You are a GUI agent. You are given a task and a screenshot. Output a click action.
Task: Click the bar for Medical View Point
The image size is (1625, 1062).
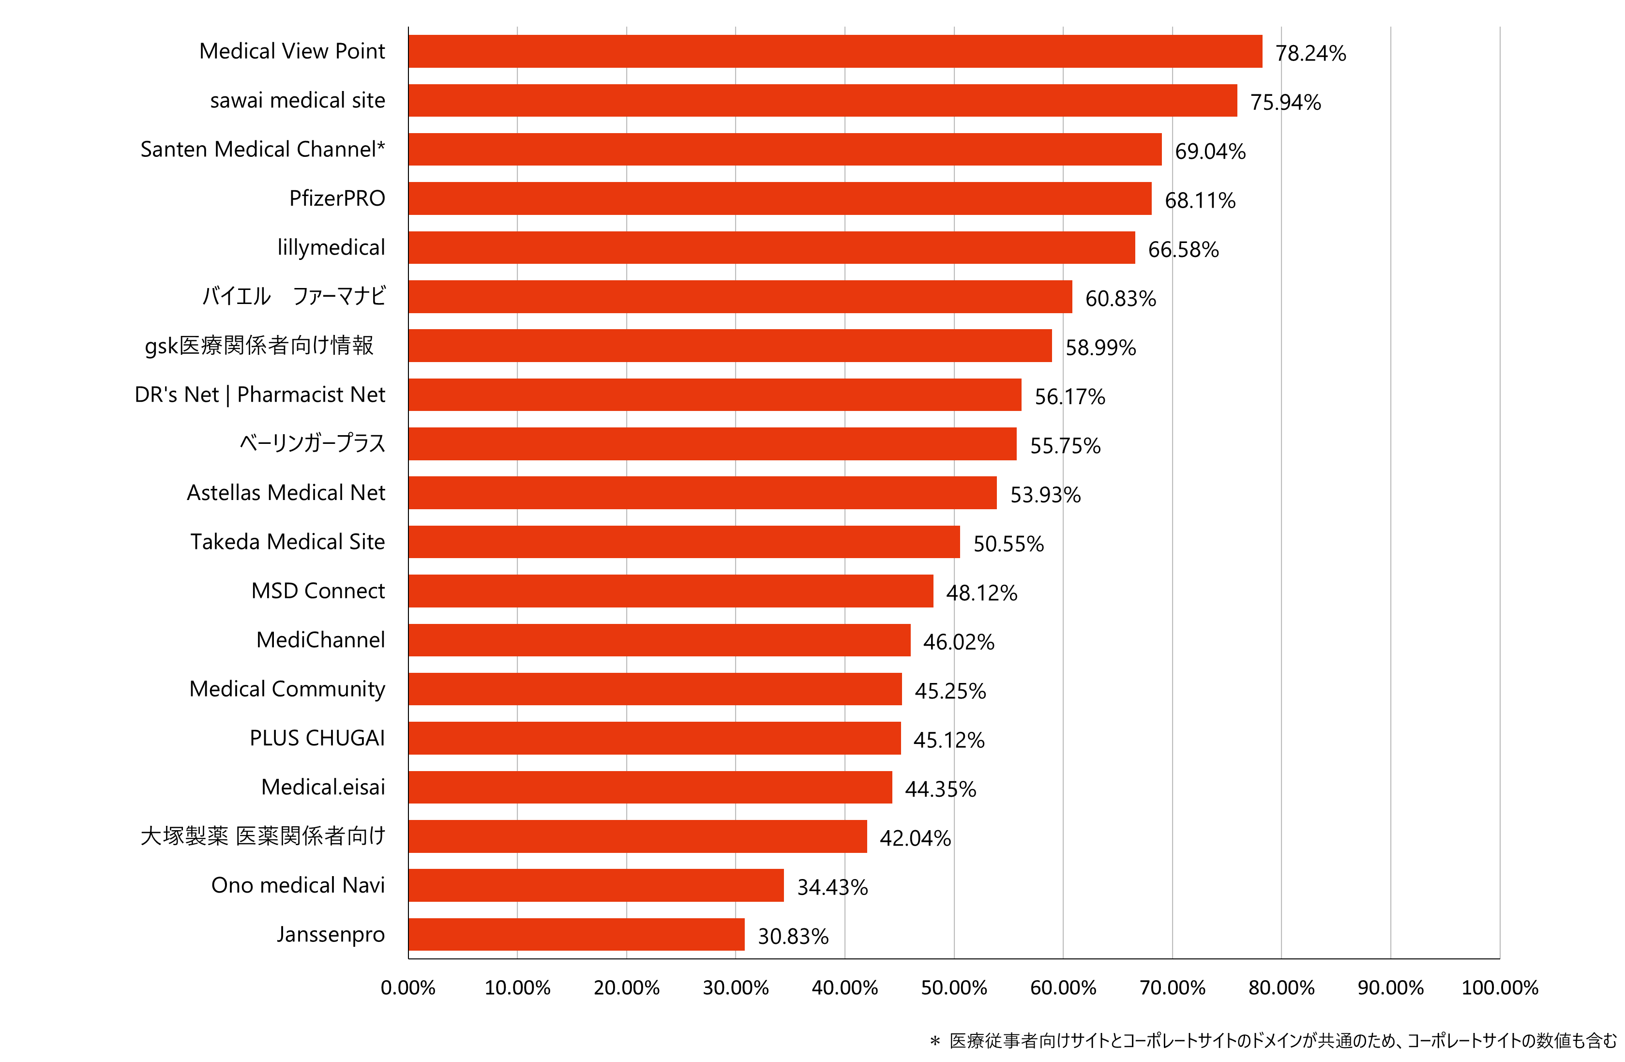[835, 51]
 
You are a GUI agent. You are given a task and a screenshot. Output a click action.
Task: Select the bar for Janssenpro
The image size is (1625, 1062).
[576, 934]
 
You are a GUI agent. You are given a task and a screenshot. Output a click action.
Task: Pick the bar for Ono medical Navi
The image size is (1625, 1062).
[596, 885]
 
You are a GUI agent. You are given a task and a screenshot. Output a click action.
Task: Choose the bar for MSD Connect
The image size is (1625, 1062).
[671, 591]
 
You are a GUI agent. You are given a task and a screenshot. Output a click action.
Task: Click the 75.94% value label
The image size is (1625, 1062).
[1285, 103]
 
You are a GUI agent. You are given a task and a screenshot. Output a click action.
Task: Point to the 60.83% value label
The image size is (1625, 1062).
[1120, 299]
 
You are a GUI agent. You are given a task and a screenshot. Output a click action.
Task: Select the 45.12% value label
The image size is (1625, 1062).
[948, 740]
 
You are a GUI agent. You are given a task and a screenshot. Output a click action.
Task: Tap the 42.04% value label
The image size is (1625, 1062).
[915, 838]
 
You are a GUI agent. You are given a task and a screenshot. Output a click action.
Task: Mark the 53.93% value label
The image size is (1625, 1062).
[1045, 495]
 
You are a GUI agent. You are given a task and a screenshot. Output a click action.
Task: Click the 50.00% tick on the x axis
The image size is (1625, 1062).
[954, 987]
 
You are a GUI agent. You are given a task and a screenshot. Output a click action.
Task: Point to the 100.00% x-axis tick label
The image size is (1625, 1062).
[1499, 987]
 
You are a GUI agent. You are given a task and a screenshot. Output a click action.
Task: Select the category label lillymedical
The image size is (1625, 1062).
[331, 247]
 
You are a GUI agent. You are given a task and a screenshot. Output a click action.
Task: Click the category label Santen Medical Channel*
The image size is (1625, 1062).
[263, 149]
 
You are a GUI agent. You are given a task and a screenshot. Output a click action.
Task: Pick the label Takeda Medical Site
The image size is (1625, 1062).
[287, 542]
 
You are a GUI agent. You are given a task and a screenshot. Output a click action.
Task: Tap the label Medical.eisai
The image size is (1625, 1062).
[323, 787]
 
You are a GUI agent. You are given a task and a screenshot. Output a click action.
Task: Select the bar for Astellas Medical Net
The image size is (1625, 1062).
[703, 492]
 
